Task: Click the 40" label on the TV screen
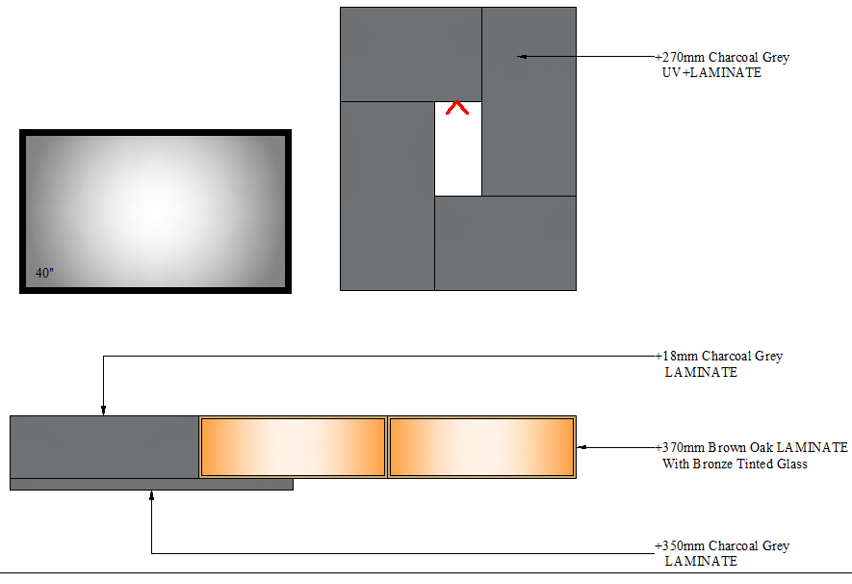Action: (x=44, y=273)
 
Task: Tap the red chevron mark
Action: (x=457, y=107)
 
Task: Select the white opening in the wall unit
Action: (x=458, y=148)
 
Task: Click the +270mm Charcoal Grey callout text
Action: (x=723, y=57)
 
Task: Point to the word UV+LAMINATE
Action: (x=711, y=73)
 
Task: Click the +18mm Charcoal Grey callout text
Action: (x=719, y=357)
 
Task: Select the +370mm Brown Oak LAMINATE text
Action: (x=752, y=447)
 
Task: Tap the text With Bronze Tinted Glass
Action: (x=735, y=464)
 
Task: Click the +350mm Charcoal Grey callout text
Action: (x=722, y=545)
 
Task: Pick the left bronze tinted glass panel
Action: (x=293, y=447)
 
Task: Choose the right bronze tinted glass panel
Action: (x=482, y=447)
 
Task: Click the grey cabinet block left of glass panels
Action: (x=104, y=447)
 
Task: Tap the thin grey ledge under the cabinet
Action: (x=151, y=485)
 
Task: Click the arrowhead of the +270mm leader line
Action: (x=522, y=57)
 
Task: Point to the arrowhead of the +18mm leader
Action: (x=103, y=411)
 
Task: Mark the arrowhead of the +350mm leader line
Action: (x=151, y=495)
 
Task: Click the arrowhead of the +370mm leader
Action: (x=581, y=447)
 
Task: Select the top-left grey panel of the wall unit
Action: (x=411, y=54)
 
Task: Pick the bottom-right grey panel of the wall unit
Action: (x=505, y=243)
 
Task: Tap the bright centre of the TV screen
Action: (x=155, y=209)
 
